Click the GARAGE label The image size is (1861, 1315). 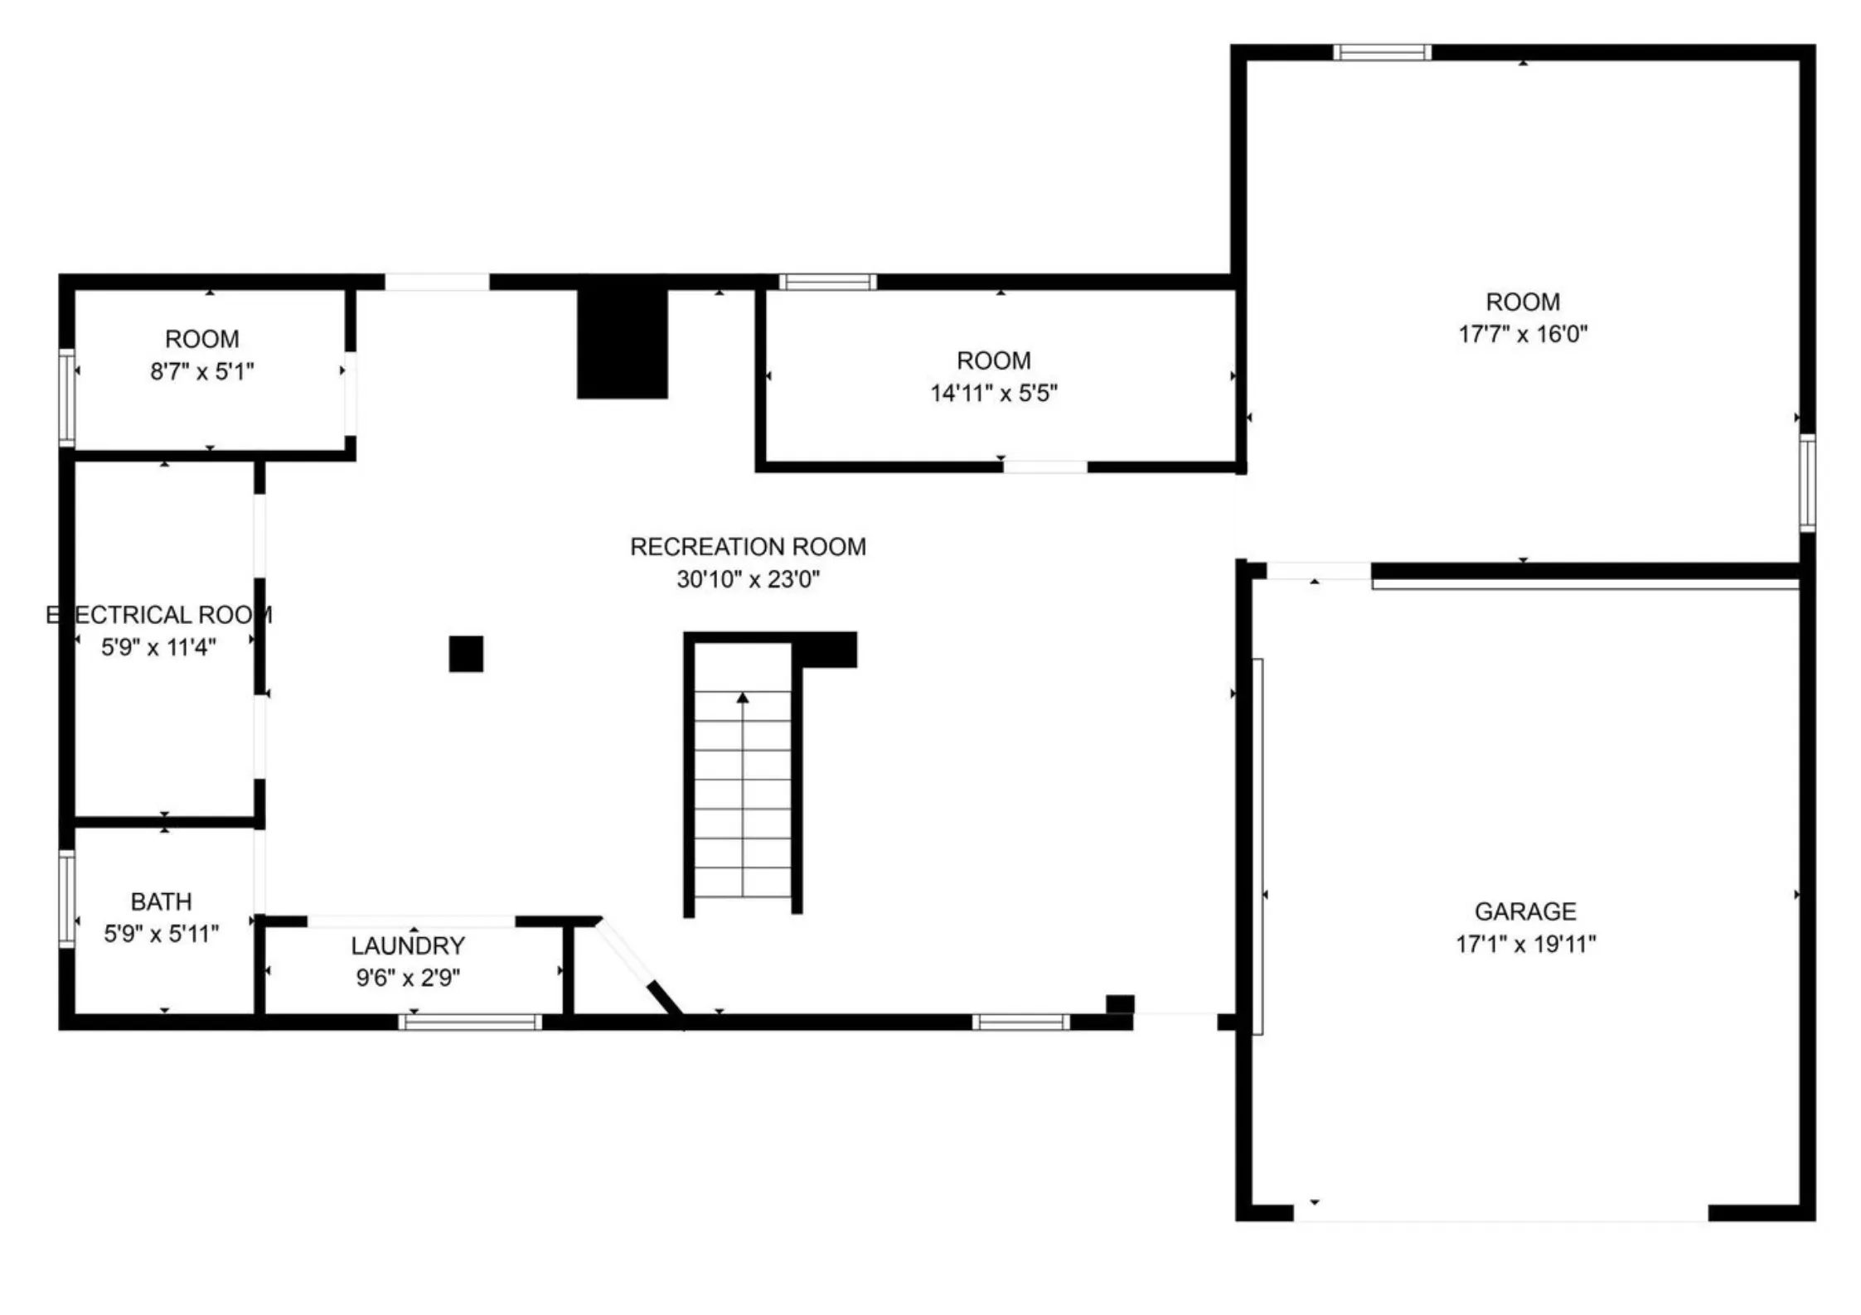point(1525,911)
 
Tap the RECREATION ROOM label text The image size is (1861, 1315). point(748,547)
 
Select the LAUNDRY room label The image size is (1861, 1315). point(407,945)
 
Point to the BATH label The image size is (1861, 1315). point(161,902)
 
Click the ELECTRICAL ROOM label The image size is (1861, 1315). point(159,615)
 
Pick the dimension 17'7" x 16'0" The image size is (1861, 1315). point(1523,334)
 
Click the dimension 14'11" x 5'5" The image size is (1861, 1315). point(993,393)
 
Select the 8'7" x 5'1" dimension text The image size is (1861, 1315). point(201,371)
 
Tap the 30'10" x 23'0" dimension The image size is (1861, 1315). point(748,579)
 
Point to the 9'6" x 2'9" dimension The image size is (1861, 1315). point(408,978)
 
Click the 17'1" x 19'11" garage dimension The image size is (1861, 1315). point(1525,944)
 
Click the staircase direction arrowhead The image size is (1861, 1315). point(743,699)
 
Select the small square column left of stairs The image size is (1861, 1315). point(466,654)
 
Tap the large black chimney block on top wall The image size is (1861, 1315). point(622,343)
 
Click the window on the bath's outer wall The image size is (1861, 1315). point(66,898)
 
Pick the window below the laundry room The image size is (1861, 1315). point(470,1022)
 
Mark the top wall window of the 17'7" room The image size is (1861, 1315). point(1382,52)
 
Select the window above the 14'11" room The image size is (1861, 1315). point(827,282)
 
